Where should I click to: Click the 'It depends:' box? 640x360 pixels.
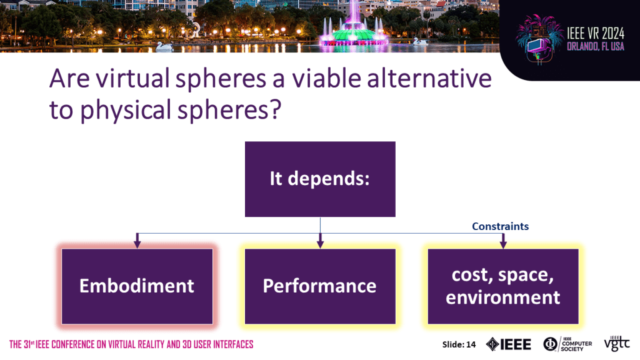320,179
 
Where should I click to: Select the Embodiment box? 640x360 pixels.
137,286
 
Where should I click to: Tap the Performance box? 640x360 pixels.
320,286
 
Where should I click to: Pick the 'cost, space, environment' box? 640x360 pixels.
503,286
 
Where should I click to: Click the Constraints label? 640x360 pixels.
500,226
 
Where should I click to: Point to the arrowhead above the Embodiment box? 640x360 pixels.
137,243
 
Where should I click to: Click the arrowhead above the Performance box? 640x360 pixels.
320,243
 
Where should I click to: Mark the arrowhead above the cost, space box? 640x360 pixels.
503,243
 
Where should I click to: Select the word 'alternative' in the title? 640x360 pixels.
429,78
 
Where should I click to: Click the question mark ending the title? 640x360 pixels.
276,109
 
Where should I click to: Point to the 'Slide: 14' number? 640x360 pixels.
459,344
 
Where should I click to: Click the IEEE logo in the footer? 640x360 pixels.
509,344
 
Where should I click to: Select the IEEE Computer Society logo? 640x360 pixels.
567,344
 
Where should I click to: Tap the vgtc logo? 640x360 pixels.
617,344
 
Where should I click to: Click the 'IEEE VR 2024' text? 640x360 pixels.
596,34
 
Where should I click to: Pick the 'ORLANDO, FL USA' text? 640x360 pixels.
596,46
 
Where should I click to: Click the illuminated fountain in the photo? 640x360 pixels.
354,29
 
